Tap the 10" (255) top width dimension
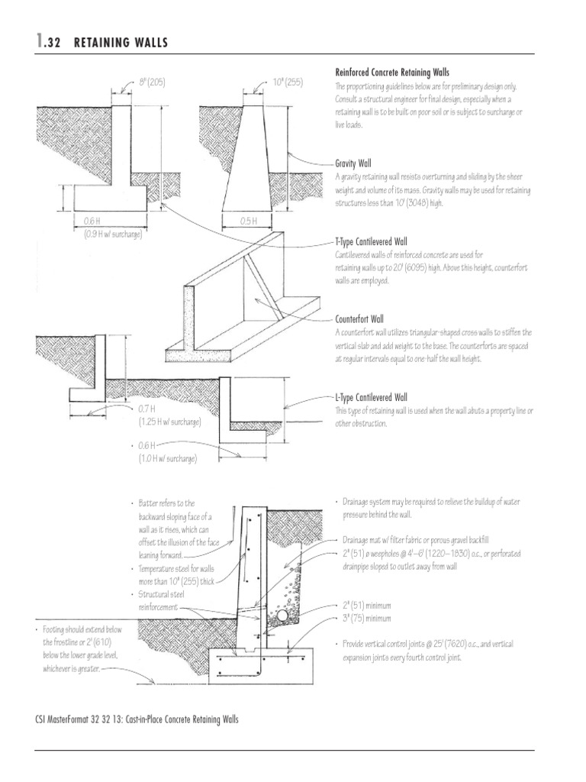click(288, 81)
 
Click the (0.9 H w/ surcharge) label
click(113, 234)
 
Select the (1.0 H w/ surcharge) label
click(167, 458)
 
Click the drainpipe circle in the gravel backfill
click(282, 614)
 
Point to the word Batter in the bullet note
click(150, 503)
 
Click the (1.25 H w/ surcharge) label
click(170, 422)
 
